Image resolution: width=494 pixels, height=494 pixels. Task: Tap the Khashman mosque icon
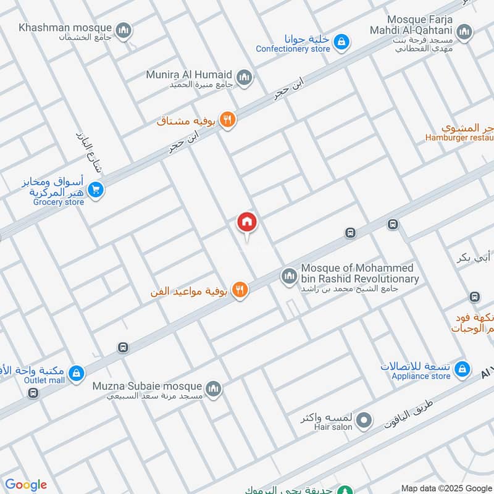124,29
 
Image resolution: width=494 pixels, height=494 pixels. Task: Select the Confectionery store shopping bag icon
340,42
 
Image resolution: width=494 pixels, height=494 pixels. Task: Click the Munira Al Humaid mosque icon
245,77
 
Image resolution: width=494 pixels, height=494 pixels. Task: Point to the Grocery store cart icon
95,190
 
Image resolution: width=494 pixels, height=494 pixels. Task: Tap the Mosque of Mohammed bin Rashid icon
289,276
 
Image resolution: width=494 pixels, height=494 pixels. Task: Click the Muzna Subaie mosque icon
213,388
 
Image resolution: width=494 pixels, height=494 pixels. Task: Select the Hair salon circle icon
365,421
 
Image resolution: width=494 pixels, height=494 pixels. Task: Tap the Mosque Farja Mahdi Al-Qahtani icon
464,31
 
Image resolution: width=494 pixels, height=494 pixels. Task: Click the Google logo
26,485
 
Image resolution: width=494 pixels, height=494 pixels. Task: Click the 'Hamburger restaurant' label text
459,138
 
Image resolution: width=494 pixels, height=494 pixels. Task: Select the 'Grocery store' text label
58,202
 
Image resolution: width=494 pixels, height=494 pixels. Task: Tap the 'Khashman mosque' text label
65,28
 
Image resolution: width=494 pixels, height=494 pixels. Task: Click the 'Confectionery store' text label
293,49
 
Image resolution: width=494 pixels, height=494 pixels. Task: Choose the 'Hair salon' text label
333,427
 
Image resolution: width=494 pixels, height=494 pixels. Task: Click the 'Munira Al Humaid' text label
190,75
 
